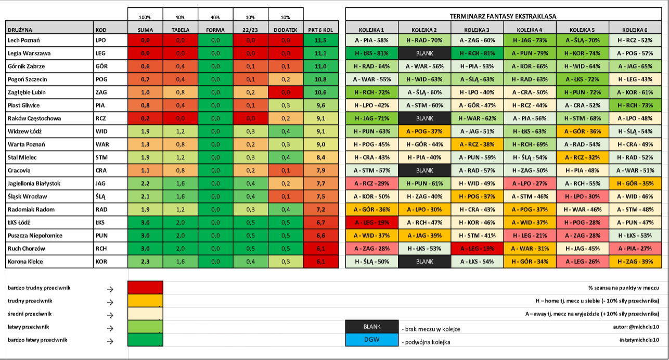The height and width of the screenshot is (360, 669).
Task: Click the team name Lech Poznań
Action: [23, 41]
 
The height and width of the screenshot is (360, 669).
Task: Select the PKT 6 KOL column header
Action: [320, 30]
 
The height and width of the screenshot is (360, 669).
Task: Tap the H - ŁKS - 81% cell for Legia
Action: [371, 53]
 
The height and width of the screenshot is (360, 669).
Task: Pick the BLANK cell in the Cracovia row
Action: [424, 170]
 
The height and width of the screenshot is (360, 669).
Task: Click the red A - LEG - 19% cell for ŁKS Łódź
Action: [371, 222]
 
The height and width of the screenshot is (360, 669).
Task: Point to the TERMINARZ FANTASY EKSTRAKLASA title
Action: [503, 16]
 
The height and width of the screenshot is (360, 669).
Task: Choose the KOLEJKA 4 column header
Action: [530, 30]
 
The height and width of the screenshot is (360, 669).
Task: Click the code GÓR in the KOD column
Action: [101, 66]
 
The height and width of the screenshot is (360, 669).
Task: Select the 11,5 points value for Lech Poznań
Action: [320, 41]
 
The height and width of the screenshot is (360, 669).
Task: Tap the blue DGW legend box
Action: [372, 340]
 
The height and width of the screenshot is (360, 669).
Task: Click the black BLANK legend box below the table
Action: [372, 327]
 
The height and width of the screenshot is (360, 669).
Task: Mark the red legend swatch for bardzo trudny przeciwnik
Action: [145, 287]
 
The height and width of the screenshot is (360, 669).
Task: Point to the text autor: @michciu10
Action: [636, 327]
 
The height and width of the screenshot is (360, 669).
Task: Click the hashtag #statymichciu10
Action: [639, 340]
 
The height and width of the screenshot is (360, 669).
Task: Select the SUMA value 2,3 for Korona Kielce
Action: [145, 261]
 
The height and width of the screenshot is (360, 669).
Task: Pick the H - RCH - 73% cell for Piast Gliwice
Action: [635, 105]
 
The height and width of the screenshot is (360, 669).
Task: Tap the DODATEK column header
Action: [286, 30]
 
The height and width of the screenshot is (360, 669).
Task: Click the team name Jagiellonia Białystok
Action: [34, 184]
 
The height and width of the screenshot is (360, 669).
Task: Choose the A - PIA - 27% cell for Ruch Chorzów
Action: [635, 248]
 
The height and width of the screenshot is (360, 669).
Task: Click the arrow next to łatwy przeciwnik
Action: [110, 328]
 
